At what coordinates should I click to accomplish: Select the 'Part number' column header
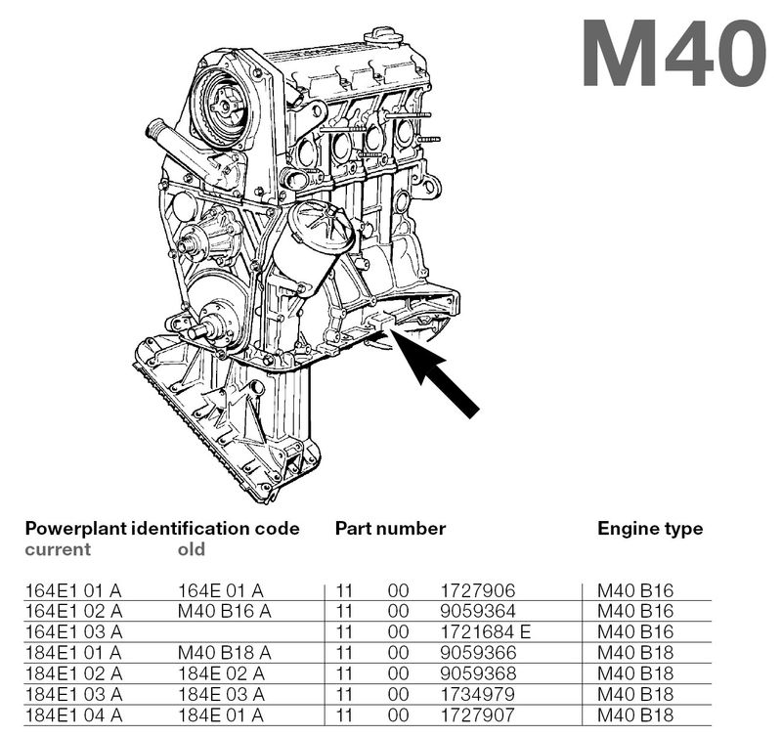(x=390, y=529)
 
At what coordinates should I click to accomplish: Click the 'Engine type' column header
(x=650, y=529)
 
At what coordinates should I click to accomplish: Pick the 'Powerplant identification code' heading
(x=161, y=529)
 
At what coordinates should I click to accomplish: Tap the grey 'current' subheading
(x=58, y=549)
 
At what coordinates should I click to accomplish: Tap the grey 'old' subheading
(x=192, y=549)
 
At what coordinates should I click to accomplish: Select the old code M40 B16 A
(x=224, y=611)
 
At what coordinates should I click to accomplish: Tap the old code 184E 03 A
(x=221, y=693)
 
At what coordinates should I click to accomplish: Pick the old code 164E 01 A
(x=221, y=590)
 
